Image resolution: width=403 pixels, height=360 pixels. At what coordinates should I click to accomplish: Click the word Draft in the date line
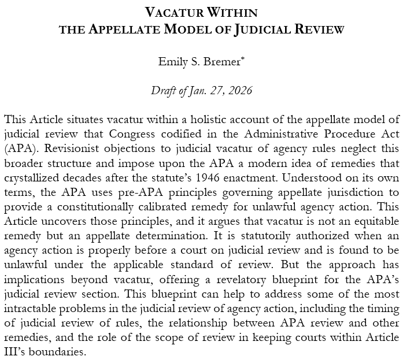pos(163,91)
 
